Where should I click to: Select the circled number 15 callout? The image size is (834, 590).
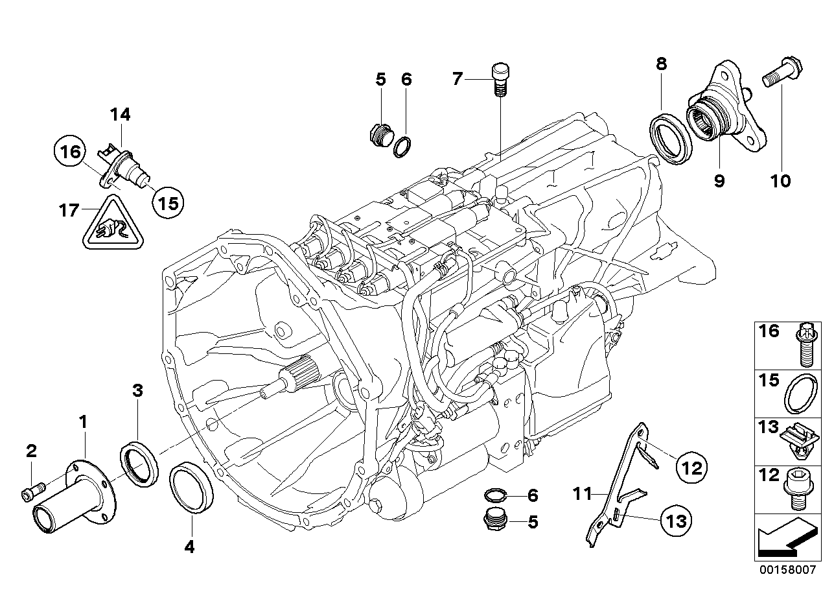(167, 203)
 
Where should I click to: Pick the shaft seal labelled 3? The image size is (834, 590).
(139, 463)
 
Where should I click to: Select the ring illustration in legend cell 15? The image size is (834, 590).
(801, 392)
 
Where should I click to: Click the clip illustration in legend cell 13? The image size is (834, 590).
(802, 439)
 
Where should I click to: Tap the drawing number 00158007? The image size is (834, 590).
(790, 571)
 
